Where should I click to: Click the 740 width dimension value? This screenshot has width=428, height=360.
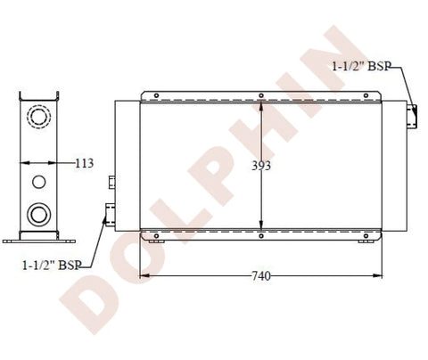click(x=261, y=276)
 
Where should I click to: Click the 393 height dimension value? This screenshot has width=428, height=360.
click(x=261, y=166)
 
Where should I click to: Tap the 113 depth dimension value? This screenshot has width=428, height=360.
click(x=84, y=163)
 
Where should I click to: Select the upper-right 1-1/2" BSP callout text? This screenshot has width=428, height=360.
click(x=361, y=66)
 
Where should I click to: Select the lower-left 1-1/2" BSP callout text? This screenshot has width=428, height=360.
click(x=52, y=266)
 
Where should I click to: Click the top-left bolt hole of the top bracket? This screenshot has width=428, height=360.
click(x=156, y=95)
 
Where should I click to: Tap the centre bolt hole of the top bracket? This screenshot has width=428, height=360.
click(x=261, y=95)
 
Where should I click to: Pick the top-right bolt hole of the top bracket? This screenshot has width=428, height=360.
click(x=366, y=95)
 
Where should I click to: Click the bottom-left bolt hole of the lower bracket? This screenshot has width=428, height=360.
click(x=156, y=236)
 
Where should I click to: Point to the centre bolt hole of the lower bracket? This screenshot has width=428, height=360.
click(x=261, y=236)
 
